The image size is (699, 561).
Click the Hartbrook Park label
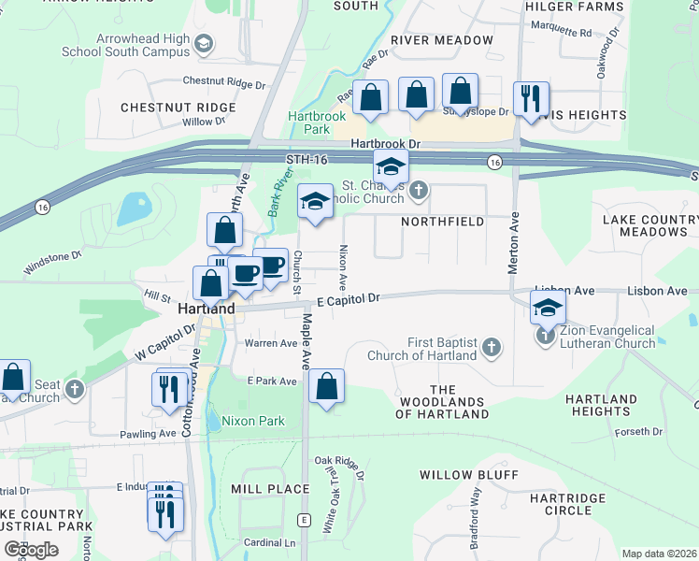pos(309,122)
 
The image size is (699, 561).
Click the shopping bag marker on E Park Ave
pos(326,386)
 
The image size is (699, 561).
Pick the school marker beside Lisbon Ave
pos(548,308)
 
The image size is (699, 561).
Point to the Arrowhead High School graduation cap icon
pos(204,43)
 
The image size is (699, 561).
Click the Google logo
pos(31,550)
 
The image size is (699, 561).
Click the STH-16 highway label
pos(307,161)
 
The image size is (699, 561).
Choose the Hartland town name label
pos(206,308)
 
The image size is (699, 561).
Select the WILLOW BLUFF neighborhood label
pos(468,475)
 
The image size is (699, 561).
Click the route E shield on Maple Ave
pos(304,519)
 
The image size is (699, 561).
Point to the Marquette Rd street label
pos(559,32)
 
